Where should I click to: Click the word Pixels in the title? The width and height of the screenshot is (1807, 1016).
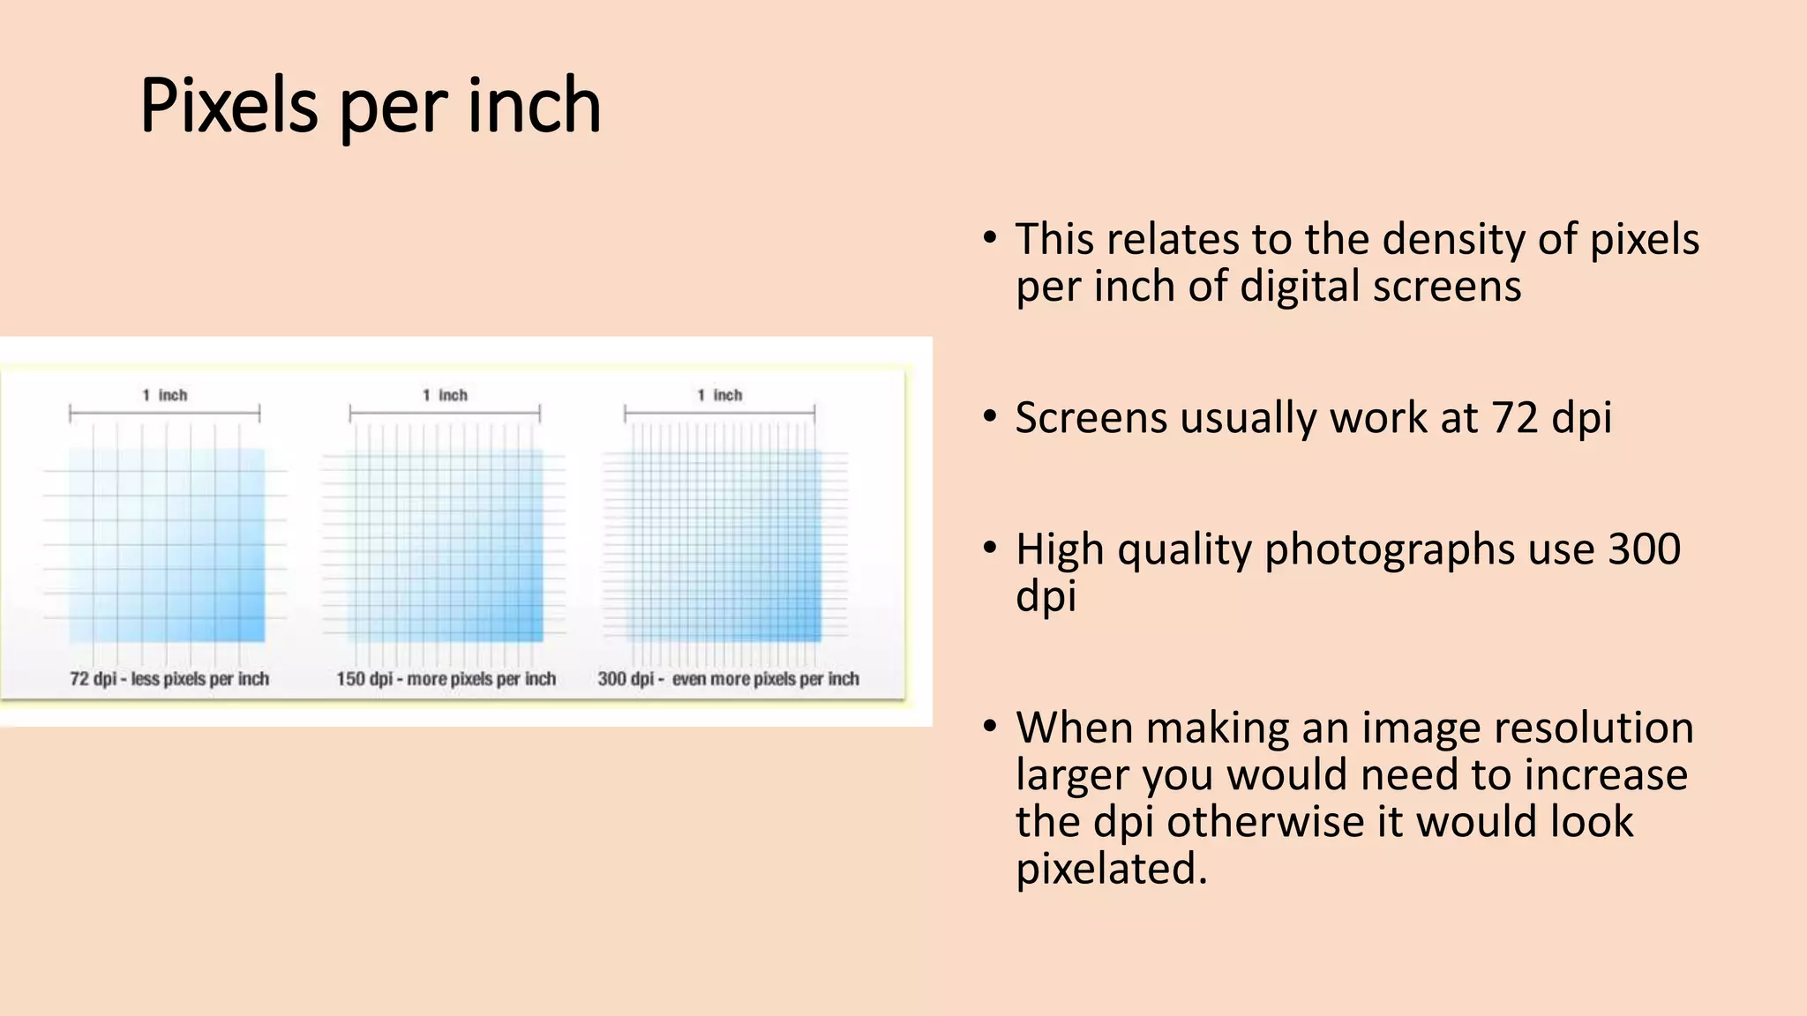(229, 106)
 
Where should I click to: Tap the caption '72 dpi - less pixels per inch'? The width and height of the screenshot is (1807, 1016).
(169, 679)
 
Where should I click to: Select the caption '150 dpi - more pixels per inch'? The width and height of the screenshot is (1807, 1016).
(446, 679)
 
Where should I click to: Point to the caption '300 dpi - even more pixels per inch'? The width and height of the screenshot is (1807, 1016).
(728, 679)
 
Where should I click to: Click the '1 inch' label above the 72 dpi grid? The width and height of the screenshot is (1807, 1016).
(165, 395)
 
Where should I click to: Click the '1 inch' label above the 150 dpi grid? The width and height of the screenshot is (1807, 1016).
(445, 395)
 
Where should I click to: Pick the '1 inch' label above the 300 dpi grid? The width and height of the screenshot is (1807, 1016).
(720, 395)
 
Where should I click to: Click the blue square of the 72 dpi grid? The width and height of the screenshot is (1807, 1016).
(167, 545)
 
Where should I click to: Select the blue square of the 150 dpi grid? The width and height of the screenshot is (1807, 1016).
(446, 545)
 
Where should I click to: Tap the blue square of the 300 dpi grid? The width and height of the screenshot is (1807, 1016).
(724, 545)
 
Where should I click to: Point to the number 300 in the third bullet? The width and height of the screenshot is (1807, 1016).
(1644, 549)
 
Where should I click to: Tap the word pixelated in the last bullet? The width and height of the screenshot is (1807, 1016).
(1111, 869)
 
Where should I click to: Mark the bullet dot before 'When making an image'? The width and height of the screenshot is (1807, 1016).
(990, 727)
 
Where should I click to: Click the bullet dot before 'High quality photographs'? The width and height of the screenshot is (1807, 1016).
(990, 548)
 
